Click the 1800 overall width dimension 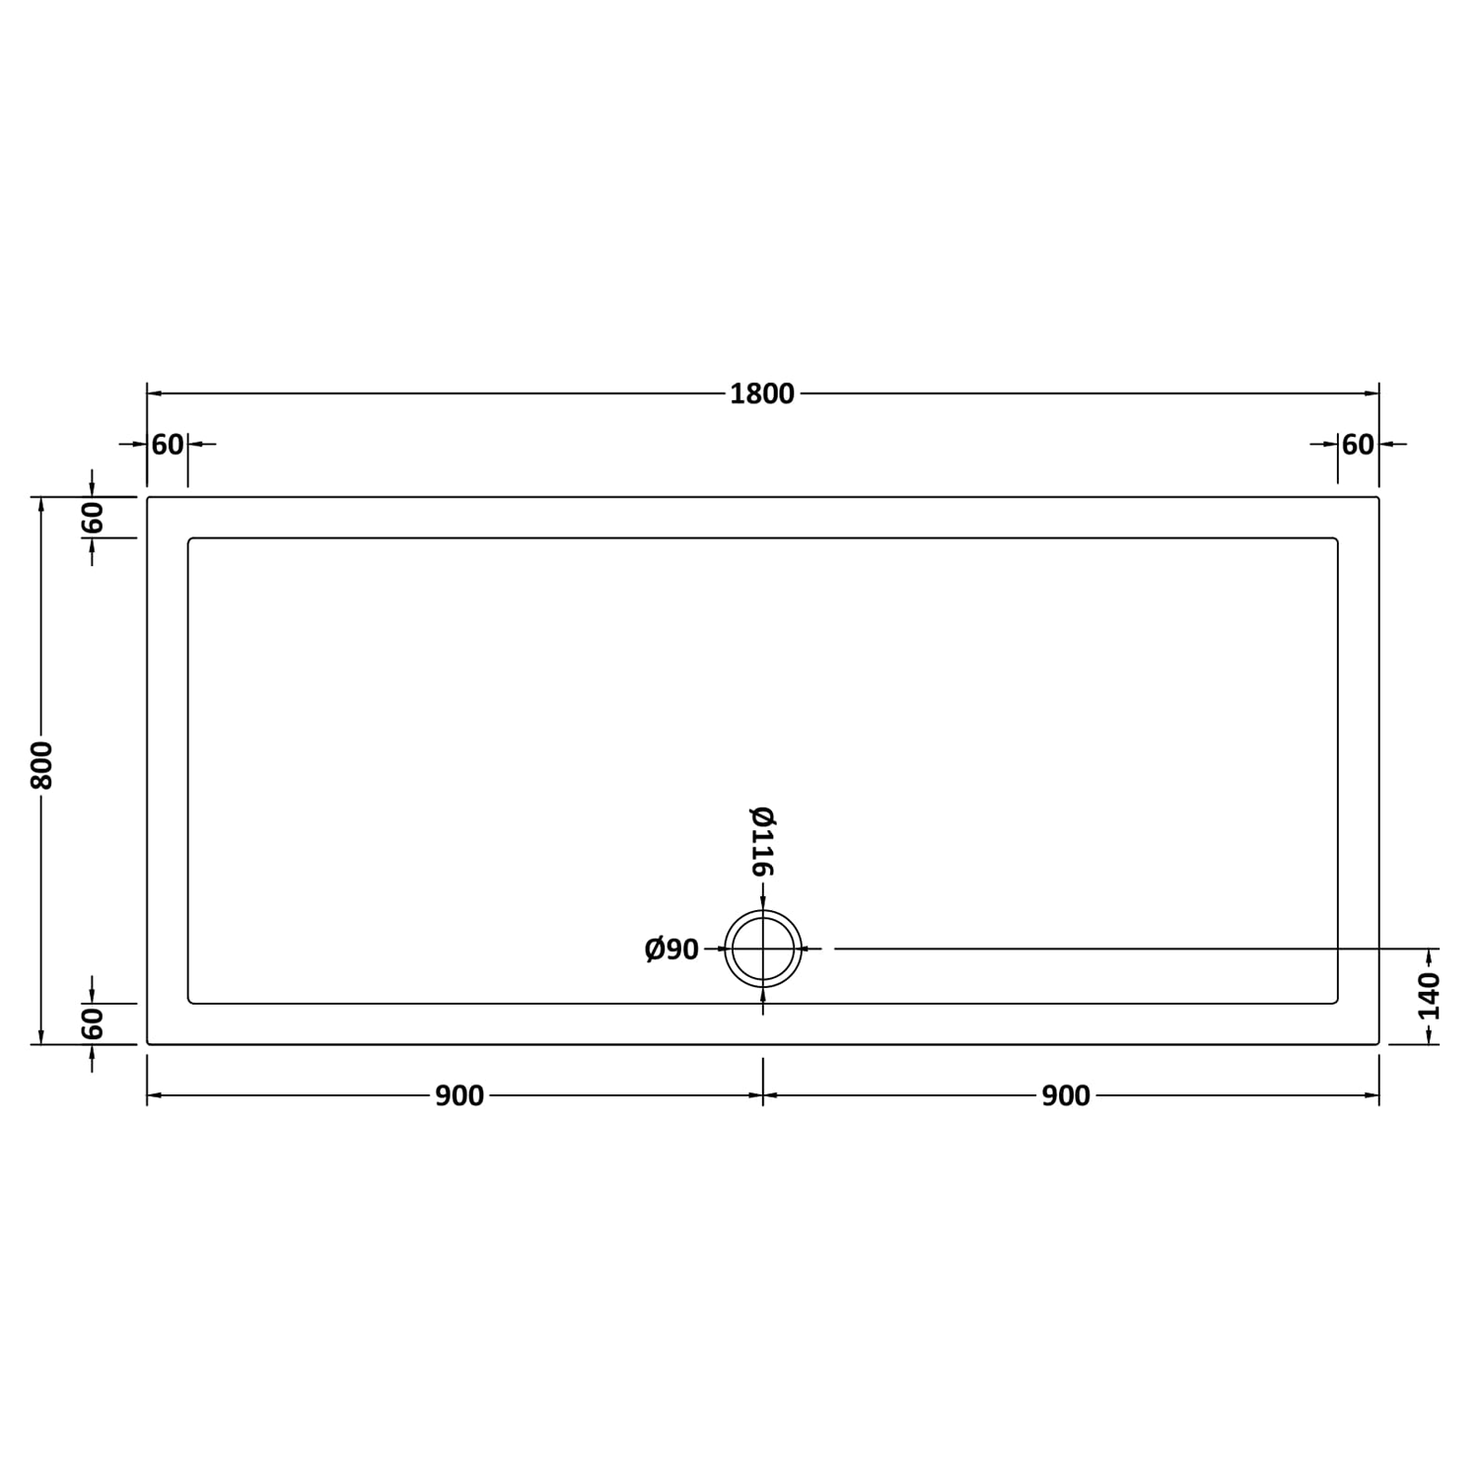[x=762, y=393]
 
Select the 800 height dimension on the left [x=41, y=764]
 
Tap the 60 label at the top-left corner [x=168, y=445]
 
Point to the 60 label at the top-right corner [x=1358, y=445]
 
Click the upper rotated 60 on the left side [x=92, y=517]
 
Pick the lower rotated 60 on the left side [x=92, y=1023]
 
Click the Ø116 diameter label [x=763, y=841]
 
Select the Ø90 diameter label [x=671, y=950]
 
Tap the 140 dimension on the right [x=1430, y=996]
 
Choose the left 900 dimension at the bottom [x=459, y=1095]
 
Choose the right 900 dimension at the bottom [x=1066, y=1095]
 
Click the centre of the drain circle [x=763, y=949]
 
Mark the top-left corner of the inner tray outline [x=189, y=539]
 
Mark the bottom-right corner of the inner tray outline [x=1336, y=1002]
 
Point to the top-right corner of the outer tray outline [x=1377, y=498]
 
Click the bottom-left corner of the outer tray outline [x=148, y=1042]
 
